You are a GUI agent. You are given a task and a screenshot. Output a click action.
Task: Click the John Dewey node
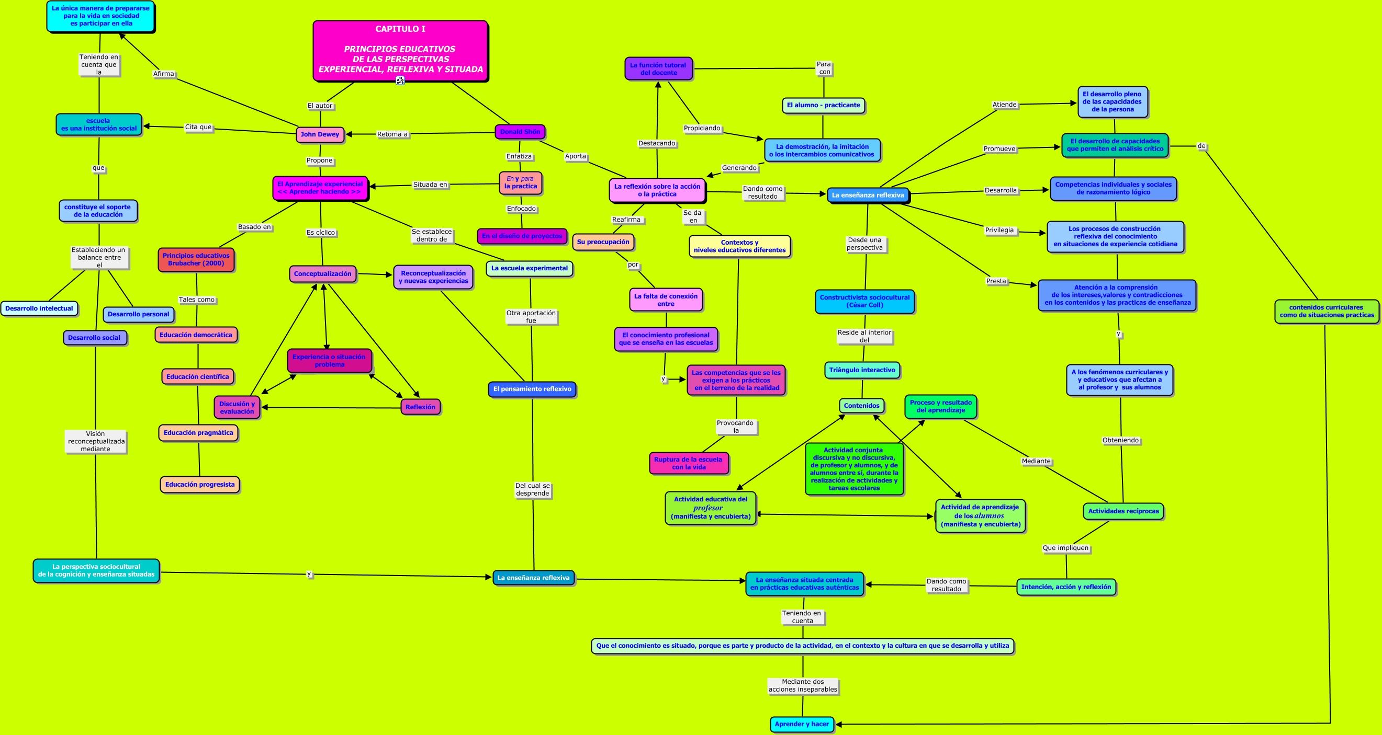pos(320,134)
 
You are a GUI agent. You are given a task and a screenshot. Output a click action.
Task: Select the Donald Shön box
pos(520,132)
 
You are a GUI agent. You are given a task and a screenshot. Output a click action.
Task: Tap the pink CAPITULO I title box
pos(400,51)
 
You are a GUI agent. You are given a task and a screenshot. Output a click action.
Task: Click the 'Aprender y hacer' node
pos(802,724)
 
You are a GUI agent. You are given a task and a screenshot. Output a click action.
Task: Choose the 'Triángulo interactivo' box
pos(862,371)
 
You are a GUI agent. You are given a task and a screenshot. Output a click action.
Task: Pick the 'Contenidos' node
pos(862,406)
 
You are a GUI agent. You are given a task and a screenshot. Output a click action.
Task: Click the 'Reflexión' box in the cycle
pos(421,407)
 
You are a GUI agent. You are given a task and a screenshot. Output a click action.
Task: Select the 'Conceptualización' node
pos(322,274)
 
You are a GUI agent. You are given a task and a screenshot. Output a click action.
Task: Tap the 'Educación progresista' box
pos(199,485)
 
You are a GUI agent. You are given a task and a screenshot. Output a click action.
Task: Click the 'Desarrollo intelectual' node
pos(39,309)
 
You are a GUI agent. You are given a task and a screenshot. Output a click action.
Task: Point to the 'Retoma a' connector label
pos(392,134)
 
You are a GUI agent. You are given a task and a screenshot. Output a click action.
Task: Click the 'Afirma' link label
pos(164,74)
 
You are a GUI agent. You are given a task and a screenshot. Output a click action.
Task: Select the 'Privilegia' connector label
pos(999,231)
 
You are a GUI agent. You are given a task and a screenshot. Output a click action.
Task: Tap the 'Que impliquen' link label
pos(1065,548)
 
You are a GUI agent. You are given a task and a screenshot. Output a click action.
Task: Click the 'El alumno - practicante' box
pos(824,106)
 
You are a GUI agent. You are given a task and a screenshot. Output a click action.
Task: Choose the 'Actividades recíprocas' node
pos(1123,511)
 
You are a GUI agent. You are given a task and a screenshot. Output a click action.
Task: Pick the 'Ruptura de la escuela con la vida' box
pos(688,464)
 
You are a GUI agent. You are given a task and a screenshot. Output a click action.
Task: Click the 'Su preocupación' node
pos(603,243)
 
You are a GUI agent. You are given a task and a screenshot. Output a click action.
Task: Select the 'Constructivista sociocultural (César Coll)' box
pos(865,301)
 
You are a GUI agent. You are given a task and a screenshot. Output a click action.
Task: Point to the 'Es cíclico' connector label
pos(321,233)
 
